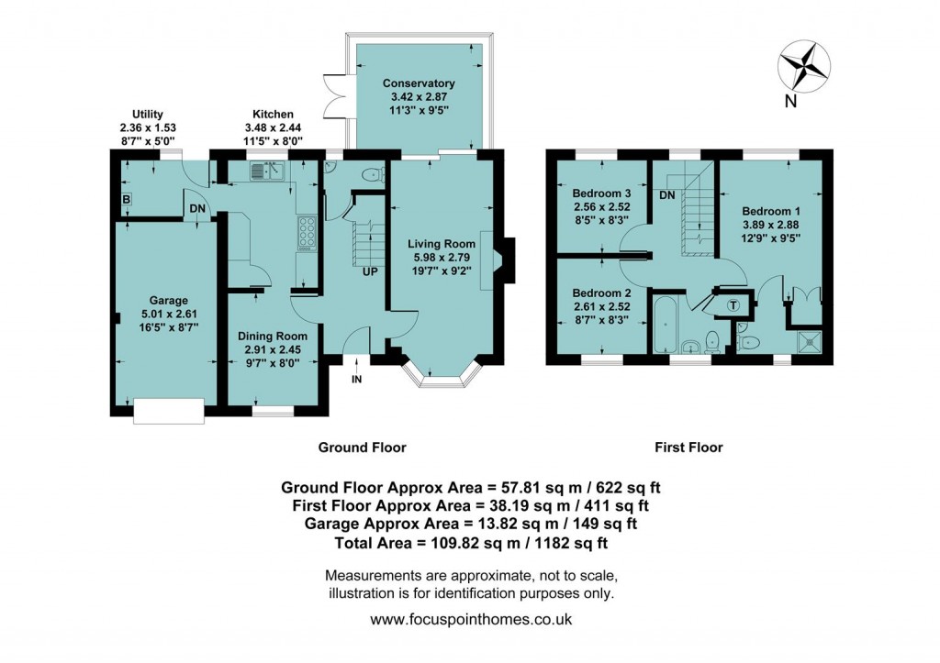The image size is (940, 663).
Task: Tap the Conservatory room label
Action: (419, 83)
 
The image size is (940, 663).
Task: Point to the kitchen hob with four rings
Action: (305, 232)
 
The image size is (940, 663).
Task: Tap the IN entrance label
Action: (357, 378)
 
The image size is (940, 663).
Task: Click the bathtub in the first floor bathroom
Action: (665, 322)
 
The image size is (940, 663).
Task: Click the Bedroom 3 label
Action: (601, 194)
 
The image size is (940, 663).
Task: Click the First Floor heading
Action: (688, 448)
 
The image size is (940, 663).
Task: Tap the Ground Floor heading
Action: (362, 448)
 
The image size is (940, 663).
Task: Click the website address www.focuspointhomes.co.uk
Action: (471, 619)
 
